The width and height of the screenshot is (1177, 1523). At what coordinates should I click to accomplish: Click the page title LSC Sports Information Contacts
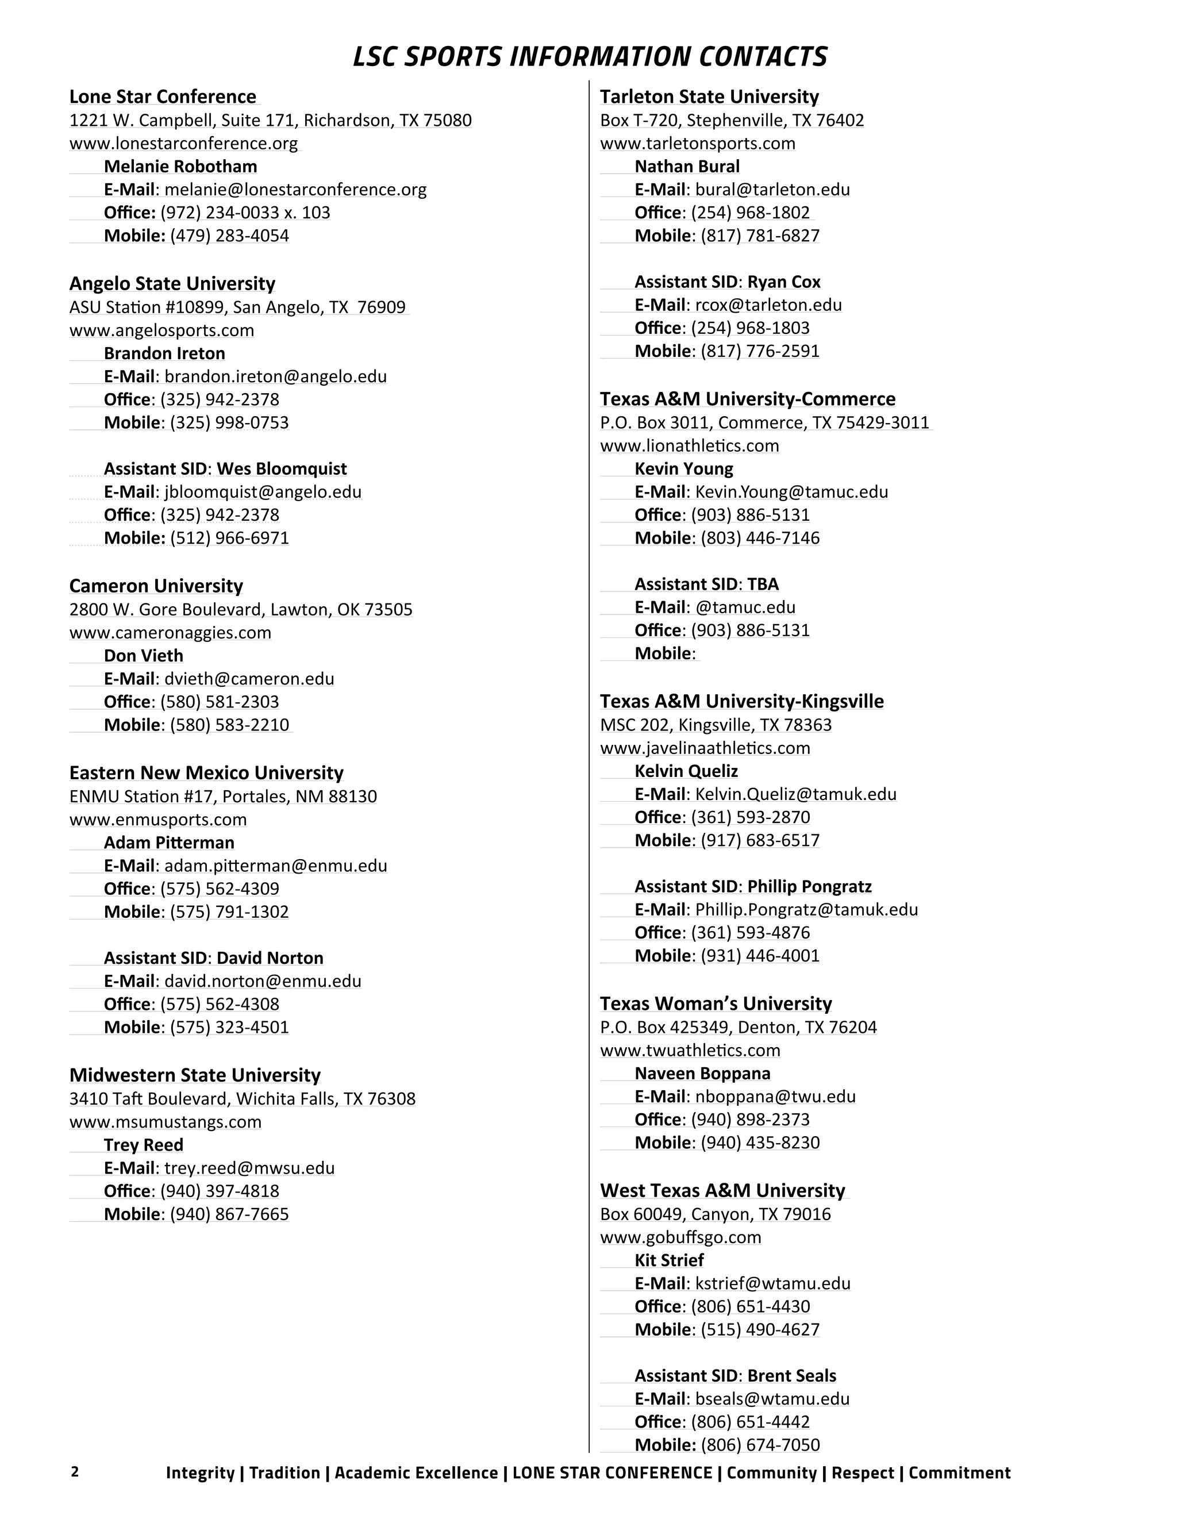click(x=589, y=56)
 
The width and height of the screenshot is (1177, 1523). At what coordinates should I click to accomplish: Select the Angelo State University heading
click(x=172, y=284)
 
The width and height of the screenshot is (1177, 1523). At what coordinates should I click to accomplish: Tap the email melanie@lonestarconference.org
click(x=295, y=190)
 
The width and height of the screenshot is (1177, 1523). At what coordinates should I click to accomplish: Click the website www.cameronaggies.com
click(x=170, y=633)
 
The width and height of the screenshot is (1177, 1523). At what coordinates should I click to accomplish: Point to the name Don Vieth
click(x=144, y=656)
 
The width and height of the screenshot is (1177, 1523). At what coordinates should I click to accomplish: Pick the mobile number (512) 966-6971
click(x=229, y=538)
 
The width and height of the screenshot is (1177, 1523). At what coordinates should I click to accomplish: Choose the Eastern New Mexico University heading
click(x=206, y=772)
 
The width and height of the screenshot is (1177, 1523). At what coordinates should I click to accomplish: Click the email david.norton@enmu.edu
click(x=263, y=981)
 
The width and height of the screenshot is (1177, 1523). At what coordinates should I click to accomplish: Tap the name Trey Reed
click(x=144, y=1145)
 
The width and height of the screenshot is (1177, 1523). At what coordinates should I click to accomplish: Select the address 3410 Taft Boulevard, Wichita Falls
click(x=242, y=1099)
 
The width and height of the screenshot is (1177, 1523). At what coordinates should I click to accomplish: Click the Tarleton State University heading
click(x=709, y=97)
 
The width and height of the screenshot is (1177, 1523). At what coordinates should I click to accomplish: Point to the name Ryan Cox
click(x=784, y=282)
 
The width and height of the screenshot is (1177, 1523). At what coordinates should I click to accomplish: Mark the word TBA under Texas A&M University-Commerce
click(x=763, y=584)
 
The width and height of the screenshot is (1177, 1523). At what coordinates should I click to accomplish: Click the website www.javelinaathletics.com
click(x=705, y=748)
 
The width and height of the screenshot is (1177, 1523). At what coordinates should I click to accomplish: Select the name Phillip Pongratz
click(x=810, y=886)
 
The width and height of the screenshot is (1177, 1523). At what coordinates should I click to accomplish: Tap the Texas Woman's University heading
click(x=716, y=1003)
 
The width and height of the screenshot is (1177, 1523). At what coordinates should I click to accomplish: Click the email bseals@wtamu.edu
click(x=772, y=1399)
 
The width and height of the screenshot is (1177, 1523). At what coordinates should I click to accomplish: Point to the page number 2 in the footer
click(x=75, y=1472)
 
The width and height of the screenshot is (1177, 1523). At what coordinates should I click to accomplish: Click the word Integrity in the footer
click(x=199, y=1473)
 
